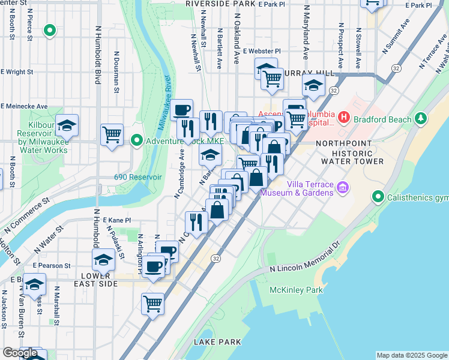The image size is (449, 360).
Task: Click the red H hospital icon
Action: point(343,117)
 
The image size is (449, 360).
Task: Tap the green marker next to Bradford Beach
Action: point(421,118)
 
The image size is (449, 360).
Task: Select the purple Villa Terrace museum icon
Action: point(343,188)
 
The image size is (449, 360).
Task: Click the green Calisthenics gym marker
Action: point(378,197)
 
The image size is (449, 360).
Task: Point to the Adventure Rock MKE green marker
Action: point(137,141)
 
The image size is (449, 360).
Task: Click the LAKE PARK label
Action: point(217,342)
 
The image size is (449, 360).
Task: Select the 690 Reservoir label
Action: point(138,178)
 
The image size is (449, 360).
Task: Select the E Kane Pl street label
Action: point(116,221)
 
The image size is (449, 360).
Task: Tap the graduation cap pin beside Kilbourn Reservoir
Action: point(67,125)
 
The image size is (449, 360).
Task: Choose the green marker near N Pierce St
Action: point(50,29)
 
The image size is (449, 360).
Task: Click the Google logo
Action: point(20,353)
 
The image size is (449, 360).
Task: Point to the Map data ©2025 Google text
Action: point(411,355)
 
